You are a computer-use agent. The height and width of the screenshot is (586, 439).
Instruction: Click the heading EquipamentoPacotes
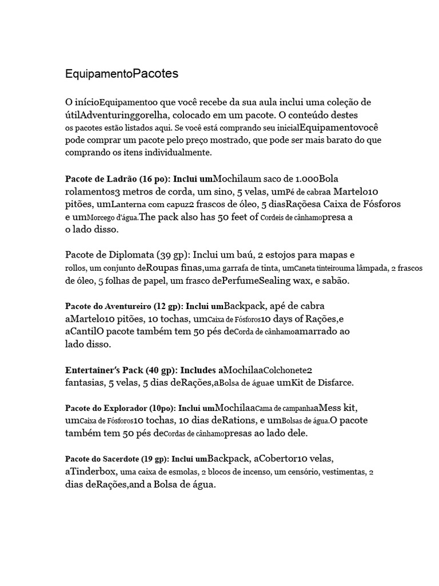click(x=122, y=74)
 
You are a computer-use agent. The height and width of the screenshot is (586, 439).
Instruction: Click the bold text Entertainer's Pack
click(x=105, y=370)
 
